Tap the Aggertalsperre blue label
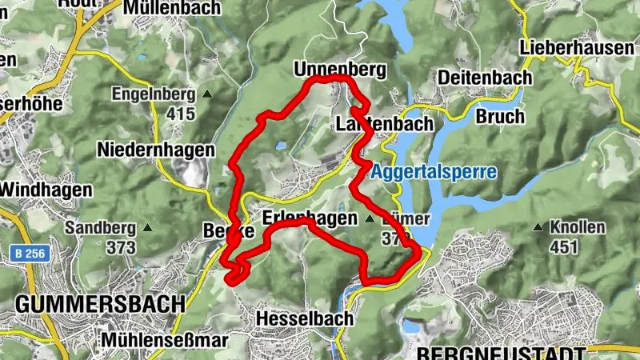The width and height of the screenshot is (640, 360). tap(433, 172)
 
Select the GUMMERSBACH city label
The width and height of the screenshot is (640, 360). tap(99, 304)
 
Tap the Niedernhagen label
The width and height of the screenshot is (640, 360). tap(155, 150)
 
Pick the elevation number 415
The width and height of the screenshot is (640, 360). tap(182, 114)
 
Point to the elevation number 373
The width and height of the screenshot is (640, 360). tap(121, 247)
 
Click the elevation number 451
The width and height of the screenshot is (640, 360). tap(564, 247)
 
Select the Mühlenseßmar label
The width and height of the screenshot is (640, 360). tap(164, 340)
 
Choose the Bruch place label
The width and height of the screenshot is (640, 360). tap(500, 116)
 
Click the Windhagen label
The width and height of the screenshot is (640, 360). tap(46, 190)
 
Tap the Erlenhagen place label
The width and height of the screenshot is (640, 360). tap(309, 218)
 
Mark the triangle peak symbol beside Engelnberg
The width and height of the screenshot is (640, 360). tap(207, 94)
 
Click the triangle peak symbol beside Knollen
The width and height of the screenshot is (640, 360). tap(538, 228)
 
